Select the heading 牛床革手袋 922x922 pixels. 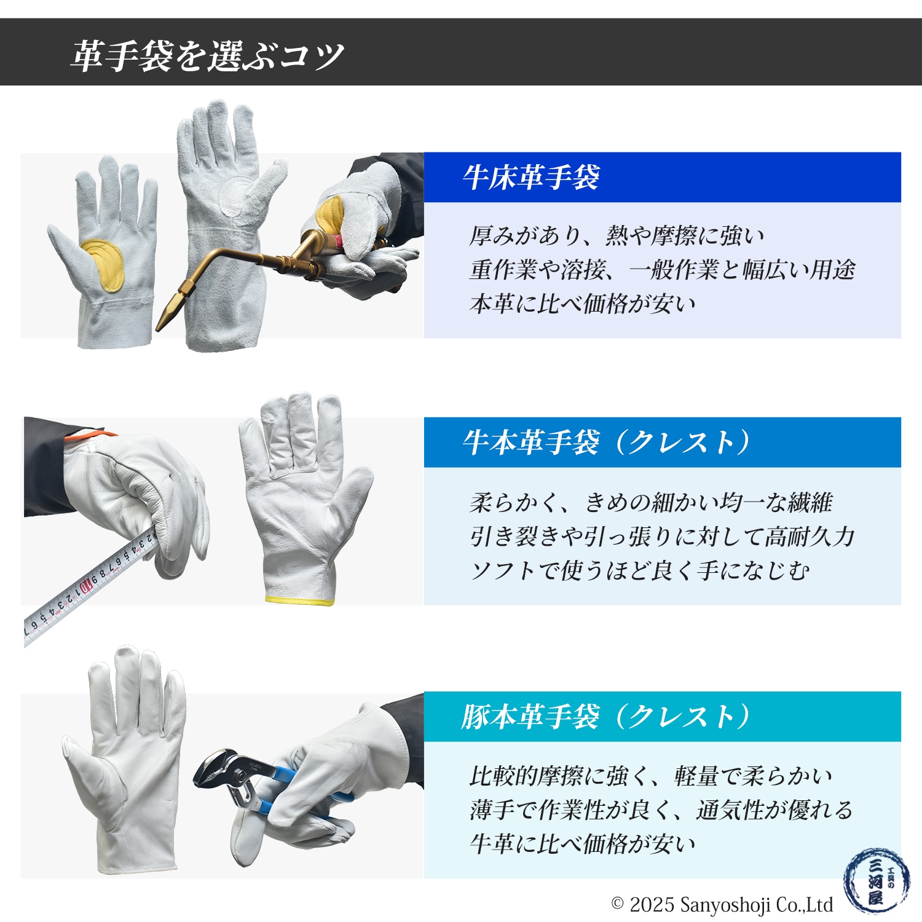pos(531,178)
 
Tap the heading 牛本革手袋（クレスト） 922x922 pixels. pos(605,443)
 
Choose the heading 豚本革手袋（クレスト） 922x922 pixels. pos(605,717)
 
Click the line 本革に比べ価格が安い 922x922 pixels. pos(583,304)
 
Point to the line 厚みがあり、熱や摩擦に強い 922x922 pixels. pos(617,235)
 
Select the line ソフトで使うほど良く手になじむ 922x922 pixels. pos(639,571)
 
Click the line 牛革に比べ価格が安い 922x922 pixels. pos(583,844)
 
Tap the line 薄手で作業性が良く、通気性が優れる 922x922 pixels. pos(661,810)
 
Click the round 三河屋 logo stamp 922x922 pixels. pos(877,881)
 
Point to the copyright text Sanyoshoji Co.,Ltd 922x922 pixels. pos(722,905)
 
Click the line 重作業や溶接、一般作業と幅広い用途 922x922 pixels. pos(662,270)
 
